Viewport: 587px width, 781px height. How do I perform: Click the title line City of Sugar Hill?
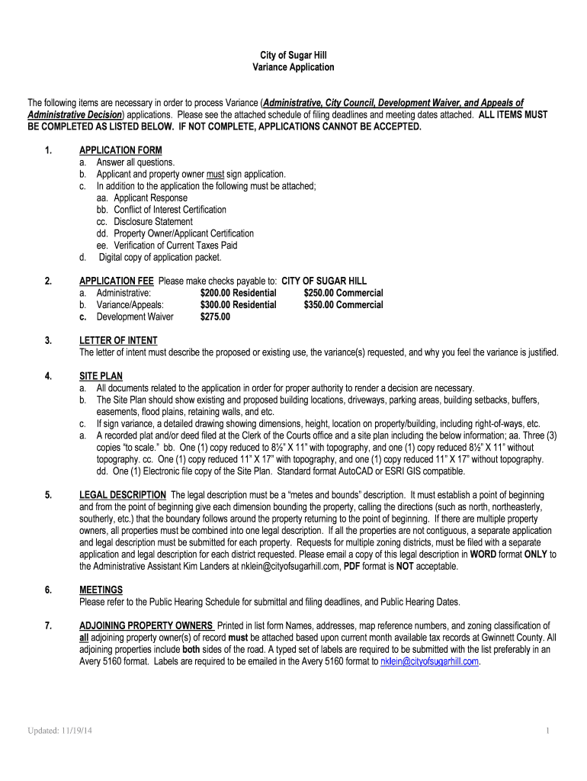tap(293, 56)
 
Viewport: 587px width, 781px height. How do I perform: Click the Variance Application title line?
tap(293, 67)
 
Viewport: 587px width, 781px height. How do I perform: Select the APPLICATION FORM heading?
tap(120, 150)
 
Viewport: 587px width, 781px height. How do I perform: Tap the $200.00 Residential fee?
tap(238, 293)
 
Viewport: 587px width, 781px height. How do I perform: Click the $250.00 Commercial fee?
tap(343, 293)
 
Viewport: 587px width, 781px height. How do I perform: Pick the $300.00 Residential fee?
tap(238, 305)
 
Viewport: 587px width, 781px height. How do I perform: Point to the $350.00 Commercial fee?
tap(343, 305)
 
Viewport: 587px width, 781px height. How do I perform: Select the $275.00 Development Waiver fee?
tap(215, 317)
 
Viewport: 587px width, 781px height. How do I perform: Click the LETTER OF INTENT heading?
tap(118, 340)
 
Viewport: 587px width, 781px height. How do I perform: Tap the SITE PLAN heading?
tap(101, 376)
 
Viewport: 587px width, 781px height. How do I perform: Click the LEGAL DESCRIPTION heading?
tap(123, 495)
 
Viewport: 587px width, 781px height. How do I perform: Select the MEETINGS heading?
tap(101, 590)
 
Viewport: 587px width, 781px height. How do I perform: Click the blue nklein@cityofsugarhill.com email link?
tap(429, 661)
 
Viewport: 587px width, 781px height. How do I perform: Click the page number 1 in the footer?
tap(547, 731)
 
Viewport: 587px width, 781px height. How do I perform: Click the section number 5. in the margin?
tap(48, 495)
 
